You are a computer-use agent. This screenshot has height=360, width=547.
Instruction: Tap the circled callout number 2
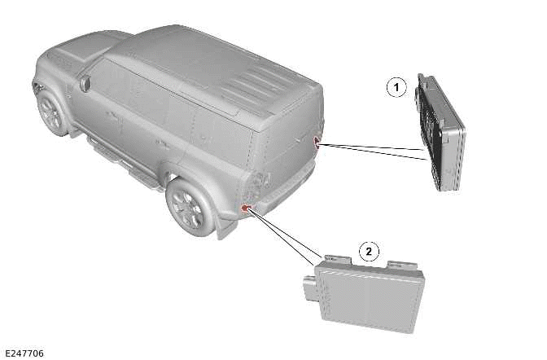tap(370, 251)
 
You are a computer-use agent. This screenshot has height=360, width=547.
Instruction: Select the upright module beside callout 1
tap(440, 132)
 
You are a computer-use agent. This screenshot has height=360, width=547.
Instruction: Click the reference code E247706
tap(24, 353)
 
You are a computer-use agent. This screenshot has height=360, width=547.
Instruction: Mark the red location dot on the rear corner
tap(316, 142)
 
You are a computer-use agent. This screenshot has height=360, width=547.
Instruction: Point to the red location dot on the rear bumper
tap(245, 209)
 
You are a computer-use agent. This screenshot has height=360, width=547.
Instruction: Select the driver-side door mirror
tap(85, 83)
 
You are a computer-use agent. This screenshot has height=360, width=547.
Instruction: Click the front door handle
tap(112, 116)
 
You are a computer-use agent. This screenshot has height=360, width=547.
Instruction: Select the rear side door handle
tap(163, 145)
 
